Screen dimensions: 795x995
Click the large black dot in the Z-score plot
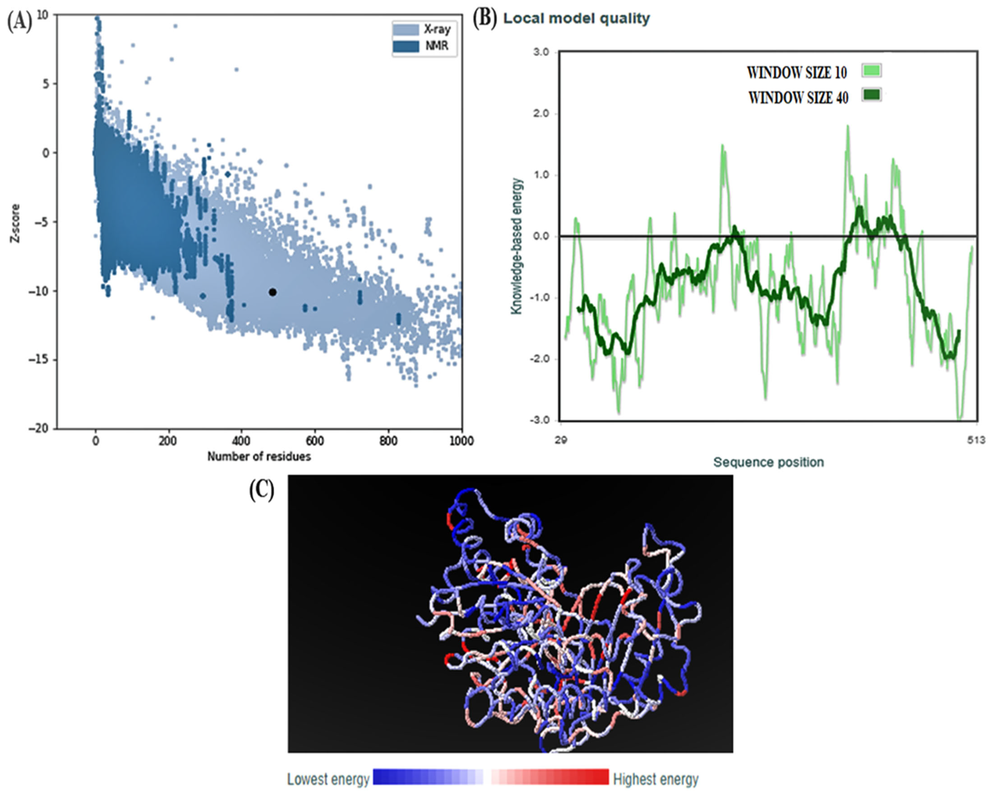273,292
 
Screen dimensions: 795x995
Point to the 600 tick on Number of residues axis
315,441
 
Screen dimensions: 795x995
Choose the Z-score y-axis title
16,224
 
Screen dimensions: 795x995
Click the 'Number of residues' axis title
259,457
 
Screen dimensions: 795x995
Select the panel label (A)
19,22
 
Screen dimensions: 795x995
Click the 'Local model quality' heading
576,18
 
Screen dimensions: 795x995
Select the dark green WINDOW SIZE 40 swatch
871,95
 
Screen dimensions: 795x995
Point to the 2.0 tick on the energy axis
541,114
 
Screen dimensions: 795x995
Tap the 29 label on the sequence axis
561,440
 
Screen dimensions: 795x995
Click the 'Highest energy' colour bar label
655,779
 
